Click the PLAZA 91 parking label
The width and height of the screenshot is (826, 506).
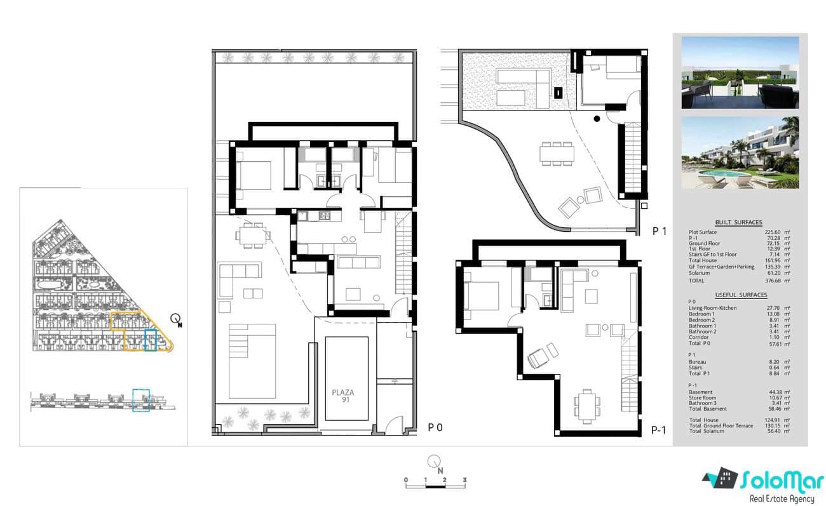click(x=342, y=396)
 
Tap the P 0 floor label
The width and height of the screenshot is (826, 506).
click(x=435, y=428)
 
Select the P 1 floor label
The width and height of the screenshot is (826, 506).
click(x=660, y=232)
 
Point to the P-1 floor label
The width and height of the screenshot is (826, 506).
click(x=659, y=430)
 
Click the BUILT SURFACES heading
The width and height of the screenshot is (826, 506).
click(x=738, y=222)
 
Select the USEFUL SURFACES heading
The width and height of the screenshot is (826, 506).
click(x=740, y=295)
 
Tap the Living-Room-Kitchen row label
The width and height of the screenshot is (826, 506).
click(x=713, y=308)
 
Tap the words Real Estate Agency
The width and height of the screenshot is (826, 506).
click(x=782, y=499)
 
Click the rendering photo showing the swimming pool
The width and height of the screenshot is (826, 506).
click(x=740, y=153)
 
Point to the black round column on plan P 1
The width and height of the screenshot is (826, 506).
click(x=597, y=119)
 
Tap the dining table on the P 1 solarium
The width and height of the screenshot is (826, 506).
click(x=557, y=153)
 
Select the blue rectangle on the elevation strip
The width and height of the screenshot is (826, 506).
click(x=140, y=400)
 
